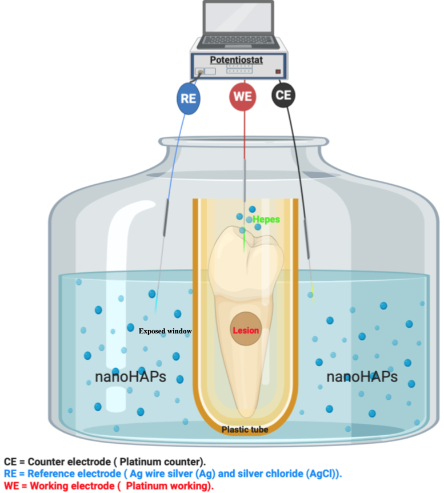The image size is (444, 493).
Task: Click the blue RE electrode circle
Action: click(189, 98)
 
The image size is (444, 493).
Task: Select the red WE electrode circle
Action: click(242, 97)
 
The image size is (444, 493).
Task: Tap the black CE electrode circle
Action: click(283, 95)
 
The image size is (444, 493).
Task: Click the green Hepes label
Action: click(267, 219)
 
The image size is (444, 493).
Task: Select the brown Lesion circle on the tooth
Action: click(245, 330)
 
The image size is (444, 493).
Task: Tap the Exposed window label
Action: click(165, 331)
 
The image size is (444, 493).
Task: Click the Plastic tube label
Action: click(245, 430)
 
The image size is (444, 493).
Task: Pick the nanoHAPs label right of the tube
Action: click(362, 377)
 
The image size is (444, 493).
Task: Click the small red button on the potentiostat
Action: click(278, 71)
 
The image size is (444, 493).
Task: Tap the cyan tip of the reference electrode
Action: click(156, 306)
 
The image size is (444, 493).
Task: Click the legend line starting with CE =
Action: click(105, 462)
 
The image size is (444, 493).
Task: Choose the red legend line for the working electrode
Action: click(109, 486)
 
